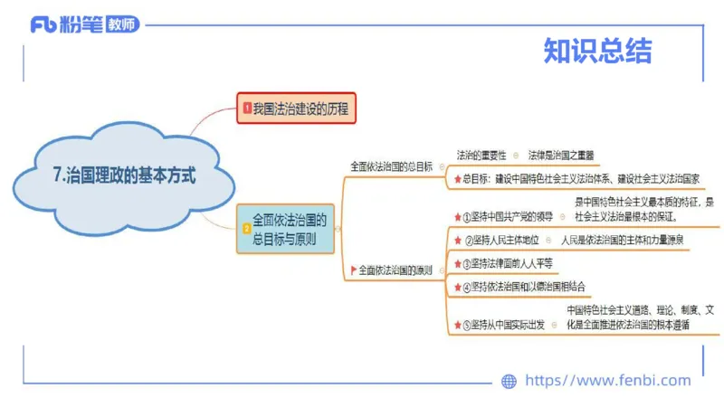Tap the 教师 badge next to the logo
[x=122, y=24]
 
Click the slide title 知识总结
[x=597, y=52]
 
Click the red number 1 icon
[x=246, y=109]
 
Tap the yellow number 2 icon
[x=246, y=230]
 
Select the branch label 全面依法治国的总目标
[x=391, y=167]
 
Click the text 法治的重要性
[x=481, y=155]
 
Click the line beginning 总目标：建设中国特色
[x=580, y=179]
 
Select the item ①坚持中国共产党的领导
[x=508, y=216]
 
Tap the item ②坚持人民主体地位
[x=502, y=241]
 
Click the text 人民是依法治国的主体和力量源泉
[x=622, y=241]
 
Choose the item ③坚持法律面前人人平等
[x=511, y=263]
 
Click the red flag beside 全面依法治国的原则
[x=354, y=270]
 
